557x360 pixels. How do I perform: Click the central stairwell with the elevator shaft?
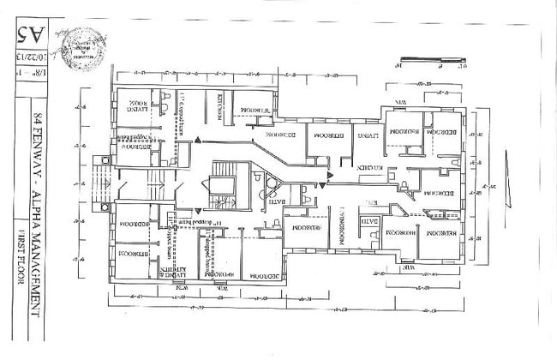(222, 184)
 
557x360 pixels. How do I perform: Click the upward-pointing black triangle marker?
(198, 139)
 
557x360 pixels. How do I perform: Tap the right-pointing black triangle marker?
(327, 177)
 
